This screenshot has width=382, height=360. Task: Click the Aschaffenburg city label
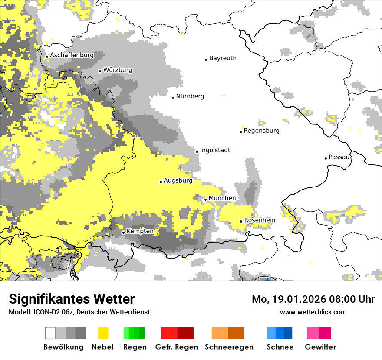[72, 56]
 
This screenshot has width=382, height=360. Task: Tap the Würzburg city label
[118, 70]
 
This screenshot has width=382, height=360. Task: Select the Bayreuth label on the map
[223, 58]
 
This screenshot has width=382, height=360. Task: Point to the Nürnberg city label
[190, 97]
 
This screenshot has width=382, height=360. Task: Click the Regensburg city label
[261, 131]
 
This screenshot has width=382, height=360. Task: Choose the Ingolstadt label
[215, 151]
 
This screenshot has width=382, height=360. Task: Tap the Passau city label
[339, 157]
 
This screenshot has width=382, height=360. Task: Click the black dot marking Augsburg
[161, 182]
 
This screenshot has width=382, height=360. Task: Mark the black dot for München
[206, 200]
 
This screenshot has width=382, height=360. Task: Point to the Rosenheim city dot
[241, 221]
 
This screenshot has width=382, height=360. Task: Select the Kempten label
[140, 232]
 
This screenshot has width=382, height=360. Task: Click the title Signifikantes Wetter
[72, 299]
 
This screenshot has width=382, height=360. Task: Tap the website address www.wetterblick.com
[313, 312]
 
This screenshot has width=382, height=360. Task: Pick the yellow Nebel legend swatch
[103, 333]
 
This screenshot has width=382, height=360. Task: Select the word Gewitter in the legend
[320, 347]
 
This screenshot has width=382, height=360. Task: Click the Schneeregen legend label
[229, 347]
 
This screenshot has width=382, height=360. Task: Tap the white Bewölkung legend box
[50, 333]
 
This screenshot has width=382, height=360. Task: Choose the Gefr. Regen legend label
[177, 347]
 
